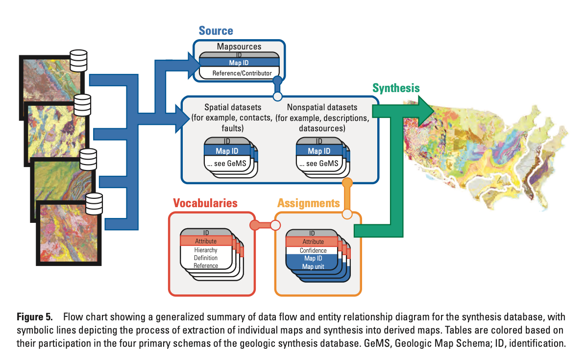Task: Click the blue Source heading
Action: [x=216, y=31]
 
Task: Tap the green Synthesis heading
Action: [x=396, y=88]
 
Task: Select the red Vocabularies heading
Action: [x=205, y=203]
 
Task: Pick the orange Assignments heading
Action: [x=308, y=203]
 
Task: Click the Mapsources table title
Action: [x=239, y=47]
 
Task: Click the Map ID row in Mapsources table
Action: [x=239, y=63]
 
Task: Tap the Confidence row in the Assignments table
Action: [x=313, y=250]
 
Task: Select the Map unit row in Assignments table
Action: [x=313, y=266]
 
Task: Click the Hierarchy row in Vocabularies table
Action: [x=205, y=250]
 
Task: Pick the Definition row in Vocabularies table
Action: [x=205, y=258]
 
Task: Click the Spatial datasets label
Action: [x=233, y=107]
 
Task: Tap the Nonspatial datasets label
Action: [x=322, y=107]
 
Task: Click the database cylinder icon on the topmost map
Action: [x=78, y=60]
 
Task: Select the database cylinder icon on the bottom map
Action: [x=94, y=203]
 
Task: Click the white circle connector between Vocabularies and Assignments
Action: [x=275, y=225]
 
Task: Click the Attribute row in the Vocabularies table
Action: [x=205, y=241]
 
